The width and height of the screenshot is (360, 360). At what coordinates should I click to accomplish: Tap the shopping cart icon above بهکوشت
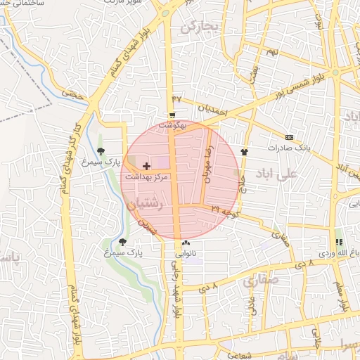[172, 115]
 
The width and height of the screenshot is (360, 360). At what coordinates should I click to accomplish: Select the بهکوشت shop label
[172, 124]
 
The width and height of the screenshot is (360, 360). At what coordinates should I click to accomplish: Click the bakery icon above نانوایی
[186, 243]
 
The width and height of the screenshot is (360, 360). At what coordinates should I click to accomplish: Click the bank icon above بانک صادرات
[289, 137]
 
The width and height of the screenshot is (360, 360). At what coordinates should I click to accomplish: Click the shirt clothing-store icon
[244, 150]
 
